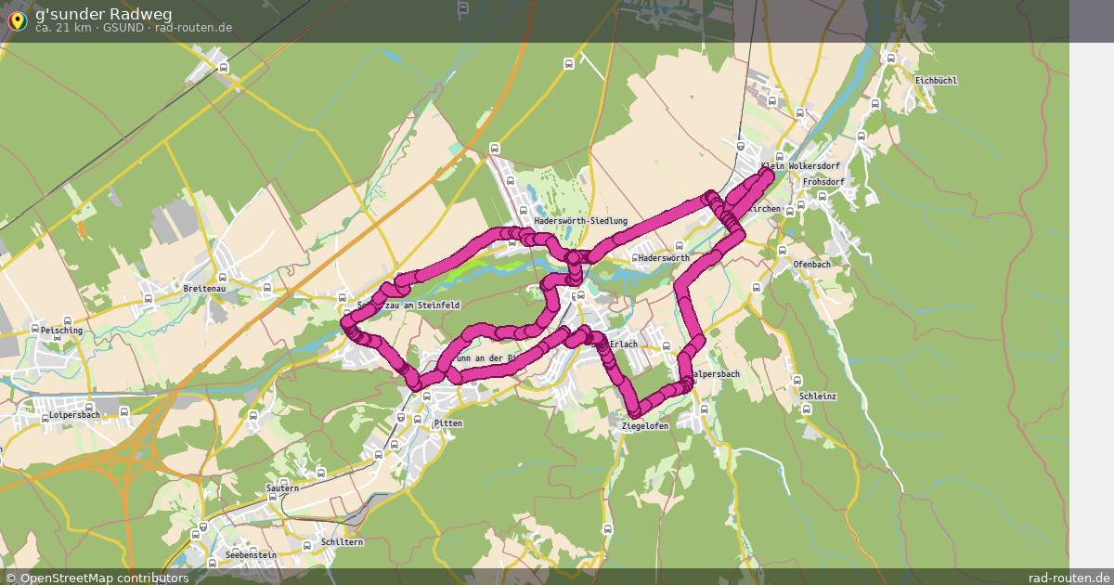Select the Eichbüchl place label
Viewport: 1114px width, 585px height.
[x=935, y=81]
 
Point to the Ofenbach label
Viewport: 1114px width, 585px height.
[x=811, y=265]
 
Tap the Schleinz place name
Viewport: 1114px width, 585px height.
[x=817, y=396]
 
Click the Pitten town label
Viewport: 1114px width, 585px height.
[x=447, y=423]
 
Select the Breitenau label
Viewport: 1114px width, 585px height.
[x=204, y=289]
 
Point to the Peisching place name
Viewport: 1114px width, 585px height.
[x=61, y=331]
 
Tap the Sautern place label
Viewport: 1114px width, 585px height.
[x=282, y=488]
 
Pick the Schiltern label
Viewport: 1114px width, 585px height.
[x=341, y=541]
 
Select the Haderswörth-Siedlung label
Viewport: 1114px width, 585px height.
[x=580, y=221]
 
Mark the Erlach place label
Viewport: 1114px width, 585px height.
[x=624, y=344]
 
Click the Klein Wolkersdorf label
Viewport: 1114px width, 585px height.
[x=786, y=166]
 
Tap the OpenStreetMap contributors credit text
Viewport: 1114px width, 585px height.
[x=104, y=578]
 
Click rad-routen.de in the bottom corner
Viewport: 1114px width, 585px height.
[x=1069, y=578]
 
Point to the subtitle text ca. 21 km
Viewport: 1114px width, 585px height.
[x=64, y=28]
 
